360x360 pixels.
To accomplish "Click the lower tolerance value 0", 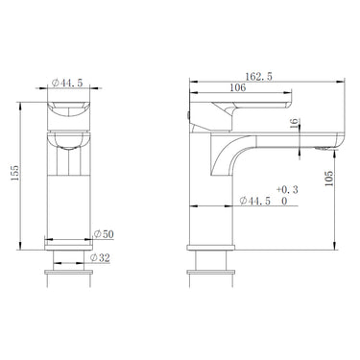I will [284, 203].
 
